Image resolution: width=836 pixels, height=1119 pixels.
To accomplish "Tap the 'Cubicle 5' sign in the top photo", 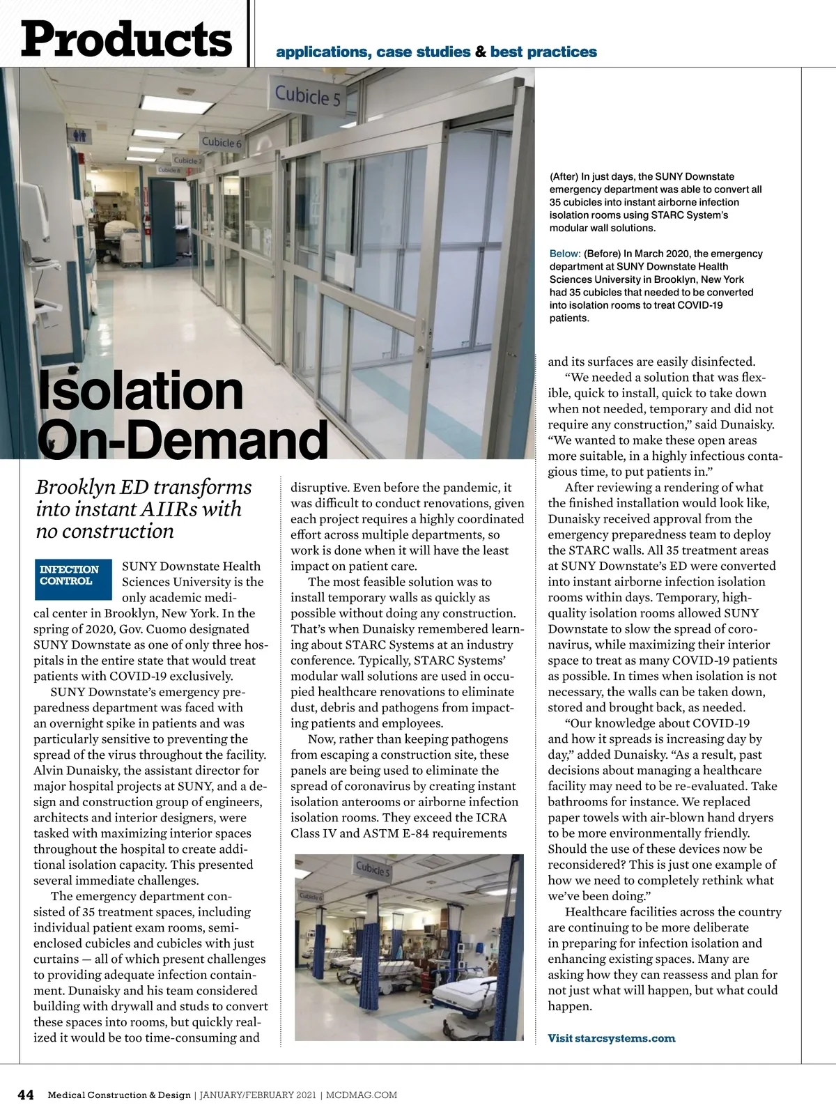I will [x=308, y=96].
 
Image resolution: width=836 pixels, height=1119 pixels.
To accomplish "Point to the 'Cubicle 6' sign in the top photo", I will [x=222, y=142].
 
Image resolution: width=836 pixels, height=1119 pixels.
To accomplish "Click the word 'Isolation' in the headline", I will [x=140, y=391].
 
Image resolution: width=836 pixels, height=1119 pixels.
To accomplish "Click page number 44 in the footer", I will [x=26, y=1095].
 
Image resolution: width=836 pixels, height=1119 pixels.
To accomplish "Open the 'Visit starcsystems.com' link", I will [x=611, y=1038].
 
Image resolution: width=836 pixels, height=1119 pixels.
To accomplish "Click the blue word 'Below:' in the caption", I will [x=565, y=254].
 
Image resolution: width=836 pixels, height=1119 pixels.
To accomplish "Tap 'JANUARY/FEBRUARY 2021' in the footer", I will [x=257, y=1095].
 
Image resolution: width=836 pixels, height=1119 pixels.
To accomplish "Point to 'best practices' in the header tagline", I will [x=543, y=52].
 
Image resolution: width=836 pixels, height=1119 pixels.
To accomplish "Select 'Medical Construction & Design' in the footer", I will [x=119, y=1095].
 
